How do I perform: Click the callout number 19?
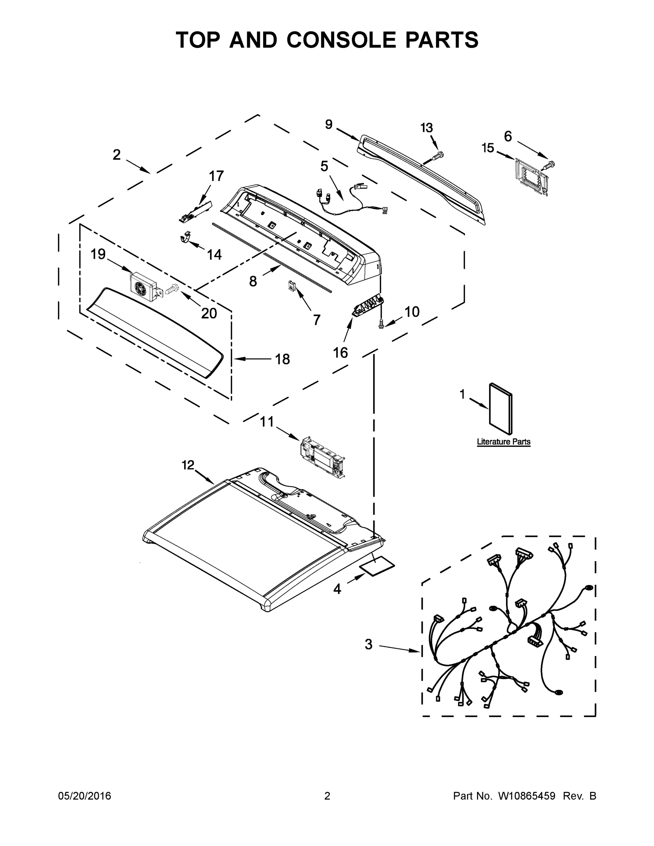98,254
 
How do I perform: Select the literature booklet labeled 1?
501,409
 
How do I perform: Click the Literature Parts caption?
503,442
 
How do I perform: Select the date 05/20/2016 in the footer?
85,796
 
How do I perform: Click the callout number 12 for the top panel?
188,465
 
